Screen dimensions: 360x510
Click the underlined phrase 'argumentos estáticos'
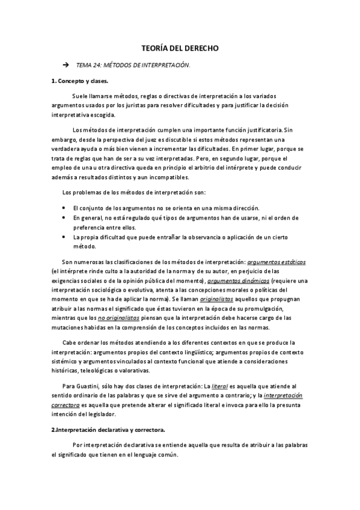pos(276,262)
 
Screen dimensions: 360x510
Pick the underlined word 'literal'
pos(221,387)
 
